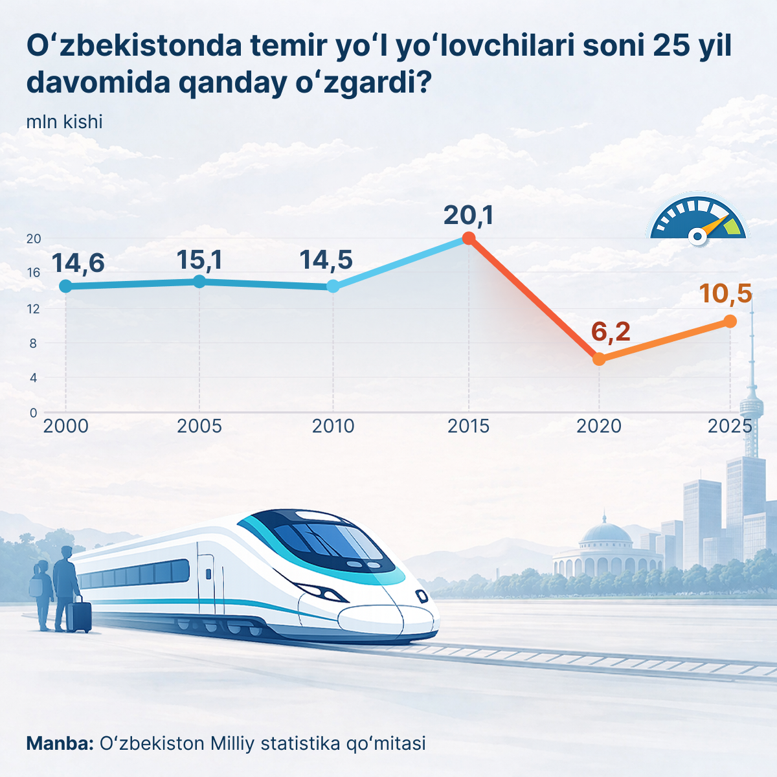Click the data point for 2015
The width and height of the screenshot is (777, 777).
coord(469,238)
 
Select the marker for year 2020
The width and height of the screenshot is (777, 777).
coord(599,359)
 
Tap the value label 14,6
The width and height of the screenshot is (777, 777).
coord(78,264)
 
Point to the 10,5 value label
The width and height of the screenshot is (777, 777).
coord(725,293)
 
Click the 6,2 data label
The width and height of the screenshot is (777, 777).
coord(611,332)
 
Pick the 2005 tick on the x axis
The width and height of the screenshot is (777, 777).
coord(199,426)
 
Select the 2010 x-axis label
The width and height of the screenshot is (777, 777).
coord(333,426)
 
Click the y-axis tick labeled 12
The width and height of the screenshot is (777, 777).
coord(34,308)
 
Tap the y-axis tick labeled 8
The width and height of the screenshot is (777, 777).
coord(34,343)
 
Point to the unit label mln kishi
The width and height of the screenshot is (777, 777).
coord(64,122)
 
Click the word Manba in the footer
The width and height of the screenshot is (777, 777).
coord(60,743)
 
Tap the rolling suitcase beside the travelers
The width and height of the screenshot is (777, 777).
coord(80,615)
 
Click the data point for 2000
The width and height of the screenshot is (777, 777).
coord(65,286)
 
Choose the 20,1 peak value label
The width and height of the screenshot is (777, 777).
coord(468,215)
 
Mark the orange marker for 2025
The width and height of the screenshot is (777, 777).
coord(730,321)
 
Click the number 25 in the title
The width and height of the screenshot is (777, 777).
coord(673,47)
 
